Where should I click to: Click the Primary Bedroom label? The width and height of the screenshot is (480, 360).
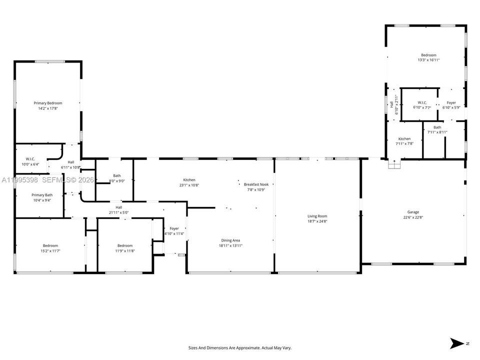click(48, 103)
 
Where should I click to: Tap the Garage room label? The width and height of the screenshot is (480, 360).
click(413, 212)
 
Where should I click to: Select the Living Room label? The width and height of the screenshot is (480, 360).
click(317, 216)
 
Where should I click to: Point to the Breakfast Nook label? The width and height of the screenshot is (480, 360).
click(256, 184)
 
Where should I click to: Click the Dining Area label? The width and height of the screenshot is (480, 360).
click(230, 240)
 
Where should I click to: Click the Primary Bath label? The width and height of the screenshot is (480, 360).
click(42, 195)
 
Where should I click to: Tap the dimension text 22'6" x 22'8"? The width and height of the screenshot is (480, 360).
click(413, 217)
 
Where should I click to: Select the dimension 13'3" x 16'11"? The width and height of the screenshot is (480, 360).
click(428, 60)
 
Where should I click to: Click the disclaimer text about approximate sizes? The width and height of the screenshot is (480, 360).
click(239, 348)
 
